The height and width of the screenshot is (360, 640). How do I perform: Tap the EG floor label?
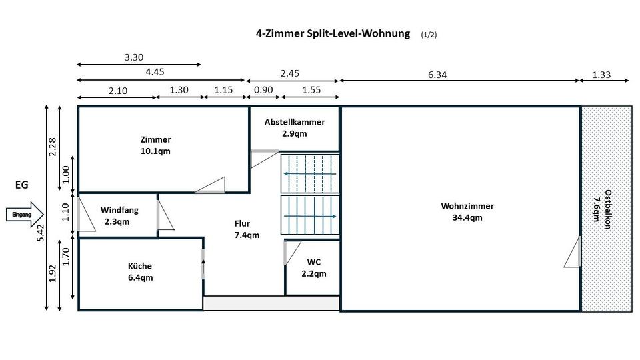click(x=22, y=185)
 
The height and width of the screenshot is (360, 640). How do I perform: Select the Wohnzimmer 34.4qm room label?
click(x=461, y=211)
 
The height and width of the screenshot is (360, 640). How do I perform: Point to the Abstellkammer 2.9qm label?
click(x=294, y=127)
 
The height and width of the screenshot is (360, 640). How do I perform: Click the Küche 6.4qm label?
click(x=140, y=271)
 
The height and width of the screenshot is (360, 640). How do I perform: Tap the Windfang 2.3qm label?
click(x=119, y=215)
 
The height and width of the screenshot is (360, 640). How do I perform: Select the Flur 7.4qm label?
click(x=247, y=229)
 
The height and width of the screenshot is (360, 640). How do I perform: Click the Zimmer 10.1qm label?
click(x=155, y=145)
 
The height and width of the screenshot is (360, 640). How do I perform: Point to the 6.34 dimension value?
click(x=437, y=75)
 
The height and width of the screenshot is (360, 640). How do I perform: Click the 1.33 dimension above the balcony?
click(x=601, y=75)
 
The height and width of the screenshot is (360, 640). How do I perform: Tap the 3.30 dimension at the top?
click(x=134, y=57)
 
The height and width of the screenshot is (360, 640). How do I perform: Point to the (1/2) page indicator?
click(x=429, y=34)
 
